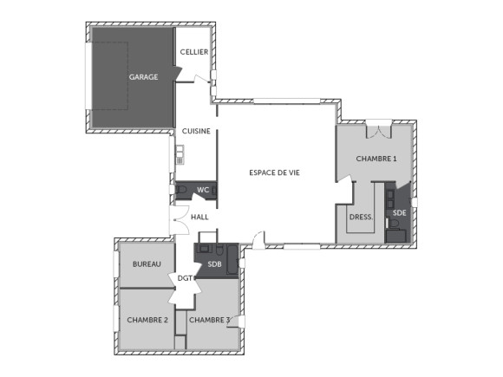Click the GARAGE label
click(x=144, y=77)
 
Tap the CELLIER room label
click(x=193, y=52)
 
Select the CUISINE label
click(x=196, y=131)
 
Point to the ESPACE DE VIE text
click(x=274, y=172)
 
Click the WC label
click(x=203, y=190)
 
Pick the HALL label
click(x=199, y=218)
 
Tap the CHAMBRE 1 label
click(x=376, y=159)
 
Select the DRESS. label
click(x=360, y=218)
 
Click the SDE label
click(x=399, y=212)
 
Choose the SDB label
click(x=215, y=263)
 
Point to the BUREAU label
click(x=147, y=263)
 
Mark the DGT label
click(x=185, y=278)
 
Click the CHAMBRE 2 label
click(x=147, y=320)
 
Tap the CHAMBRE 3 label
click(x=210, y=320)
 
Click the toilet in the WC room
click(x=181, y=190)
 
